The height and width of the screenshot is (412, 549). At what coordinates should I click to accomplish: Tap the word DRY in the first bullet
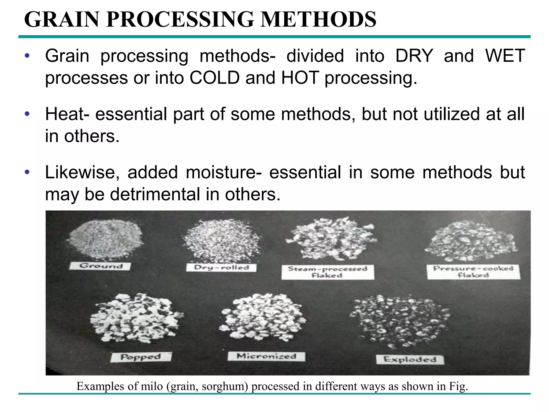(x=414, y=56)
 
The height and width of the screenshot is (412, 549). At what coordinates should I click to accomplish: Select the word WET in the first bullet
(x=505, y=56)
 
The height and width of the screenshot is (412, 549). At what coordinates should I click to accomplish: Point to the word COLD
(x=214, y=78)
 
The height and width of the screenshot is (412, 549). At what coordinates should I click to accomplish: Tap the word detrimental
(x=155, y=194)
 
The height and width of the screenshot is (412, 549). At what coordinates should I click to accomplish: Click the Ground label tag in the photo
(x=100, y=266)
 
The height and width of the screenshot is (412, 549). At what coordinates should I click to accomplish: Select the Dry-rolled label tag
(x=221, y=267)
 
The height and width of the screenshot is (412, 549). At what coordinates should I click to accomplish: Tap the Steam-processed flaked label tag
(x=328, y=272)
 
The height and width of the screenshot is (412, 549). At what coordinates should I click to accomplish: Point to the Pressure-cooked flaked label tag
(x=473, y=272)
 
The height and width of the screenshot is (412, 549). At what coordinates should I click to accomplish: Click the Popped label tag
(x=141, y=357)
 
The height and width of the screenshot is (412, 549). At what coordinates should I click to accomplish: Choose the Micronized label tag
(x=266, y=356)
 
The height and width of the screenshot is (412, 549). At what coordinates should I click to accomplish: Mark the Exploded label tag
(x=410, y=359)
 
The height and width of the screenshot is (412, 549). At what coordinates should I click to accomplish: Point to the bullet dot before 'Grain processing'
(x=27, y=56)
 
